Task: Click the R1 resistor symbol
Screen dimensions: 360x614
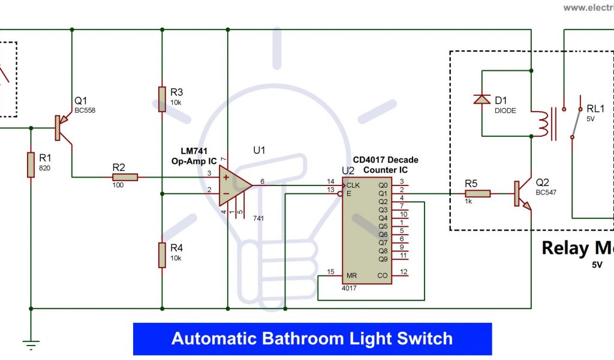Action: point(31,165)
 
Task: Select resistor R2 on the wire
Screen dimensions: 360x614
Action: point(125,177)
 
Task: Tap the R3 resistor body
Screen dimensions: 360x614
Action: point(162,99)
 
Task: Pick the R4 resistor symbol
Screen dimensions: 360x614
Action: point(162,254)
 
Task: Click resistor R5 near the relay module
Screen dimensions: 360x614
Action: point(478,193)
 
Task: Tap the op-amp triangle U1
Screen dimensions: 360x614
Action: point(234,185)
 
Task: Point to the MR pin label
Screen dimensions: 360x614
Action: point(352,276)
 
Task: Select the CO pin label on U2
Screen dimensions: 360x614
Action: point(383,276)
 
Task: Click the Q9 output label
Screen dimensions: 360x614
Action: point(383,259)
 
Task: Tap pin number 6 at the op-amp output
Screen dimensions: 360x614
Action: point(261,181)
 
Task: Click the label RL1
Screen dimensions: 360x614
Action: point(595,109)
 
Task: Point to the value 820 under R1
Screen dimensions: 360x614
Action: point(45,168)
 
